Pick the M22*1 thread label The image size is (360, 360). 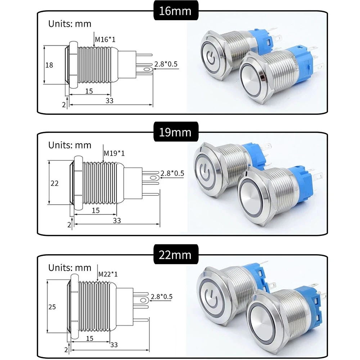pyautogui.click(x=108, y=274)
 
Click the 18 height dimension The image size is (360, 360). pyautogui.click(x=49, y=65)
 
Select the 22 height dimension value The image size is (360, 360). pyautogui.click(x=54, y=183)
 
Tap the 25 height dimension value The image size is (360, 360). pyautogui.click(x=53, y=306)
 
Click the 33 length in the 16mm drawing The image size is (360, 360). pyautogui.click(x=109, y=101)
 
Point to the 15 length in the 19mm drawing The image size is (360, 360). pyautogui.click(x=95, y=210)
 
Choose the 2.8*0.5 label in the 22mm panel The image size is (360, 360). pyautogui.click(x=162, y=297)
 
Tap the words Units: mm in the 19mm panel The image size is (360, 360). pyautogui.click(x=70, y=145)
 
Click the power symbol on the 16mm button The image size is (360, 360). pyautogui.click(x=211, y=55)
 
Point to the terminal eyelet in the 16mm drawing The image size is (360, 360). pyautogui.click(x=147, y=69)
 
